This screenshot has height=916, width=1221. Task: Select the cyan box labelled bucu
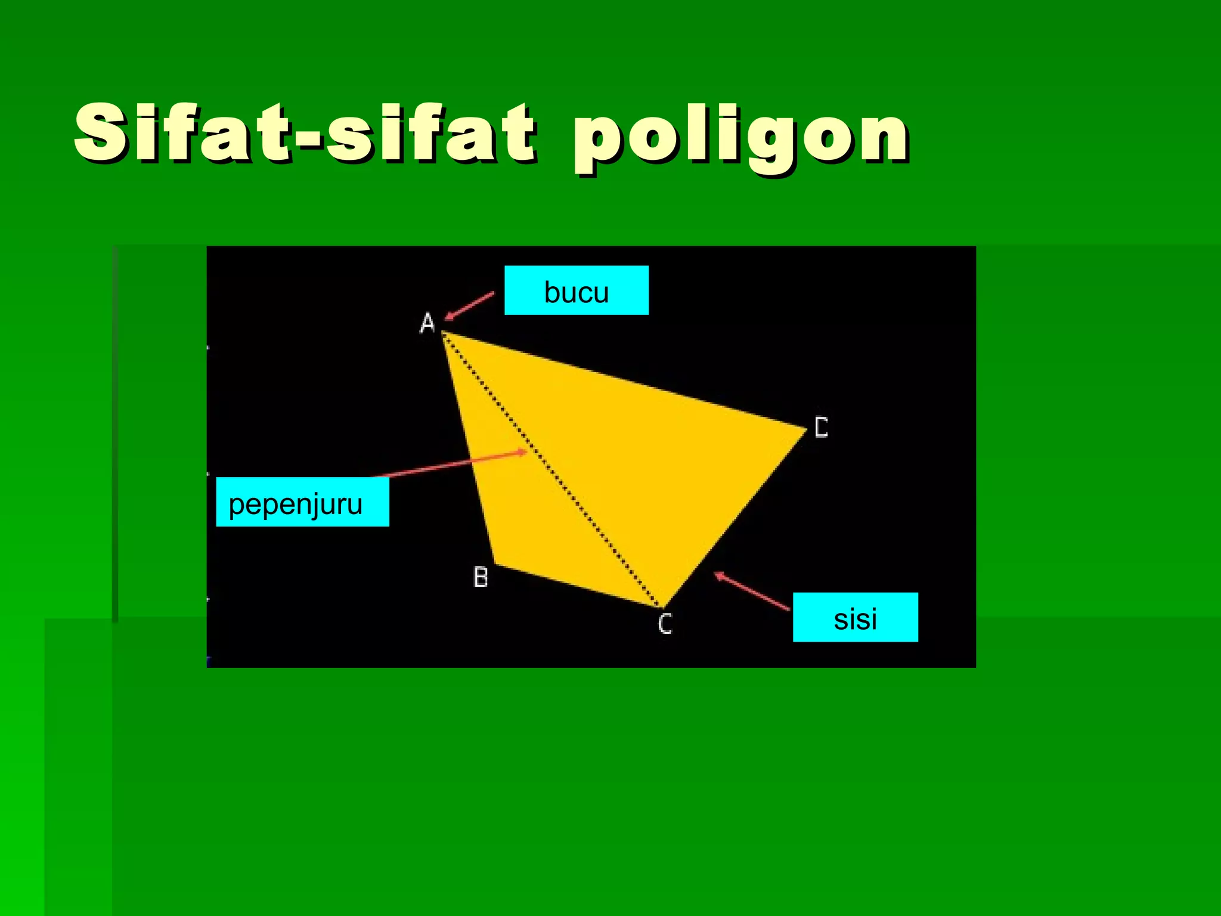pos(576,290)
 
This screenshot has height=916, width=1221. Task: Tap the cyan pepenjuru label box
pos(302,502)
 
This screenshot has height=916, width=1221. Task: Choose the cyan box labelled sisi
pos(855,617)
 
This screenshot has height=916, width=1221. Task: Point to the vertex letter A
pos(427,323)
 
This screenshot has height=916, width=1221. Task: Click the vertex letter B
pos(481,577)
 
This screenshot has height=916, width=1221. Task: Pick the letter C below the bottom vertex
pos(665,624)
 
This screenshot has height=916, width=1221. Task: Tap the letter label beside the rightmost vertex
pos(822,428)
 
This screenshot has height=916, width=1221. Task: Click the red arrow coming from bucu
pos(470,306)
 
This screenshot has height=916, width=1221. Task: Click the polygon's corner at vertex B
pos(494,563)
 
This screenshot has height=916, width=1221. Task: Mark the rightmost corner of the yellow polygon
pos(805,428)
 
